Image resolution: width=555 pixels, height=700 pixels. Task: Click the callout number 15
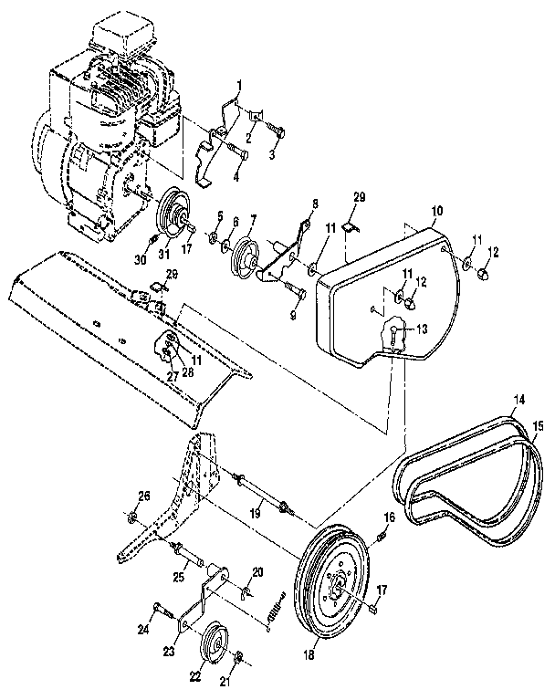point(537,426)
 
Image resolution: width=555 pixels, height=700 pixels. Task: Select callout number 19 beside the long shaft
point(257,515)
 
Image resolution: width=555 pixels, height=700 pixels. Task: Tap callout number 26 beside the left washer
point(143,496)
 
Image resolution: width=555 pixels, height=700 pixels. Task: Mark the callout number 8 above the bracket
point(315,203)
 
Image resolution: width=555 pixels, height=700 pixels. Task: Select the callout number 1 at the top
point(238,86)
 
